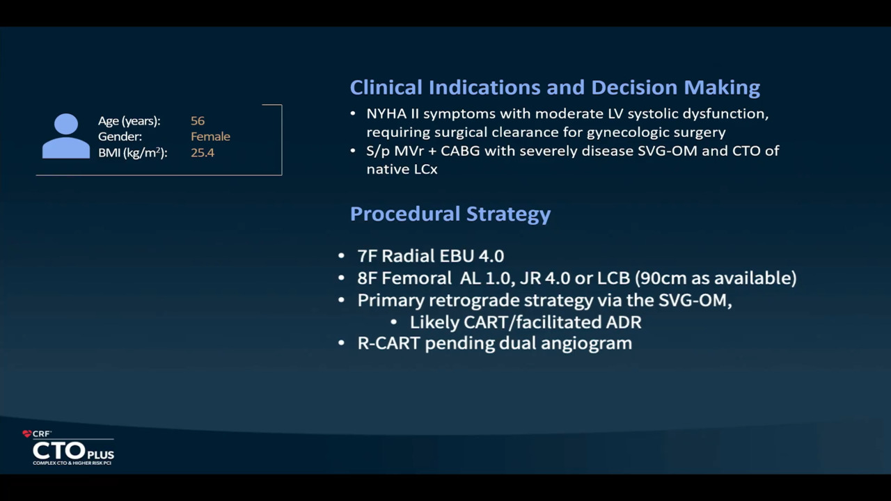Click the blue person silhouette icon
click(x=66, y=136)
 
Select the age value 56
click(x=198, y=121)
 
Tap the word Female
click(x=210, y=136)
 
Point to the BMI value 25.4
click(x=203, y=152)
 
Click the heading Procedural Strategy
click(x=450, y=214)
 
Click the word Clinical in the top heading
click(x=386, y=87)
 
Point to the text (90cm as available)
click(x=716, y=278)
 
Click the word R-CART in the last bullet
click(x=388, y=343)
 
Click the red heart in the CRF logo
click(x=27, y=434)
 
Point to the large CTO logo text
click(x=59, y=451)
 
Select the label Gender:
click(x=120, y=136)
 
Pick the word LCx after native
click(x=425, y=169)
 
